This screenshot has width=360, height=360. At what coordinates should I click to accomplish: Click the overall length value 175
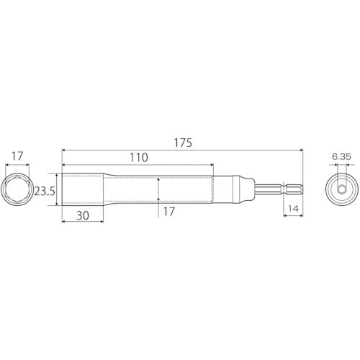click(183, 143)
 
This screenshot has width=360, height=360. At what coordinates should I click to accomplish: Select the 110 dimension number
click(138, 158)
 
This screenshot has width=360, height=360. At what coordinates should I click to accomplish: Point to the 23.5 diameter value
click(44, 190)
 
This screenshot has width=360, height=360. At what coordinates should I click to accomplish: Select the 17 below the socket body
click(169, 213)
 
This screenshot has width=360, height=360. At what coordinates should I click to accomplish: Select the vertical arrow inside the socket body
click(158, 190)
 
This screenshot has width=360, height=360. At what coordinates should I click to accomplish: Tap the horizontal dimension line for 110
click(138, 165)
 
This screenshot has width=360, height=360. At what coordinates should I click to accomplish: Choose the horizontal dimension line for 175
click(183, 150)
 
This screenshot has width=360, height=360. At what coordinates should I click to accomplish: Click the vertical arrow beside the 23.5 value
click(56, 190)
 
